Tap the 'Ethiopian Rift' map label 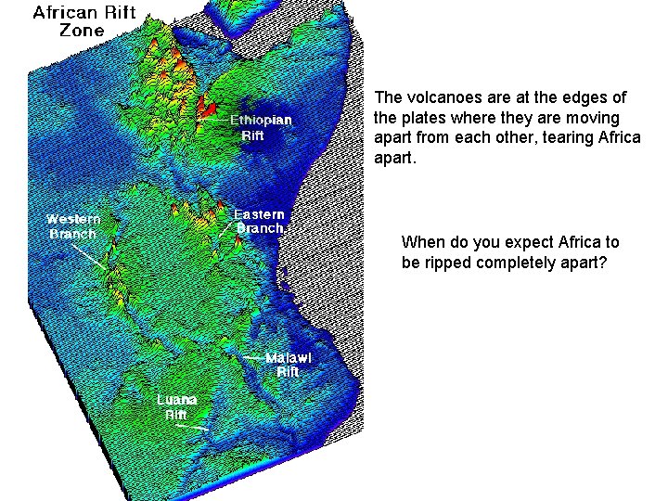[x=260, y=128]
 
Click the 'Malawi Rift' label [x=289, y=365]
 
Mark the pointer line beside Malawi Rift [x=252, y=357]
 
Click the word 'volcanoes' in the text [x=434, y=97]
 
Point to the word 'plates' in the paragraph [x=418, y=118]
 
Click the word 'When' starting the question [x=422, y=242]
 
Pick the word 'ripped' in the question [x=447, y=263]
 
